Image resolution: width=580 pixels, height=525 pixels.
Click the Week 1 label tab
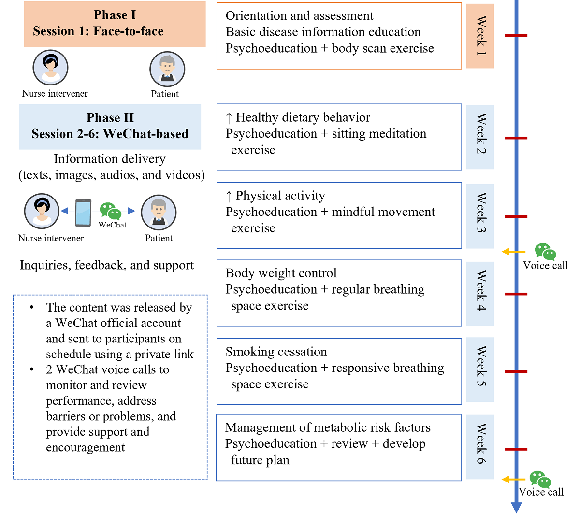point(480,36)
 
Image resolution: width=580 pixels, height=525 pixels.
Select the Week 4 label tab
point(480,294)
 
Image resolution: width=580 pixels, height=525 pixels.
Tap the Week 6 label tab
point(480,447)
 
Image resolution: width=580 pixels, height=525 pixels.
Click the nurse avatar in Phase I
point(50,68)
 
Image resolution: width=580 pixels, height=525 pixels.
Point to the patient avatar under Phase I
point(167,69)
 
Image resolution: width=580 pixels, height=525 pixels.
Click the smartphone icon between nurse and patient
point(83,213)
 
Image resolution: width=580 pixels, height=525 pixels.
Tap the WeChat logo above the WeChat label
point(111,211)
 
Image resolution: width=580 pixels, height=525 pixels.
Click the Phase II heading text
point(110,118)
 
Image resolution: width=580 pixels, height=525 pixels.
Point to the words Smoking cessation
point(276,352)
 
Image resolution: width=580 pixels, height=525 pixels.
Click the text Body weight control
point(281,273)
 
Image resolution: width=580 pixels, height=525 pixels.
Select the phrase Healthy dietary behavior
point(303,118)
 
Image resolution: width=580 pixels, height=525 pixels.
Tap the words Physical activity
point(280,196)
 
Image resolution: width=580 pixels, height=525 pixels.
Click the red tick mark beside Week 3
point(516,216)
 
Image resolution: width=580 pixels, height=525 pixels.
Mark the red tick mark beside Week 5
point(516,371)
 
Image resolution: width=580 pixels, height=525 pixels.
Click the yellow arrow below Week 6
point(513,480)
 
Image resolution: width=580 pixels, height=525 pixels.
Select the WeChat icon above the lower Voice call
point(540,480)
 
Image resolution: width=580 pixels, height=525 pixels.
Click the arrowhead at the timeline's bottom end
point(516,508)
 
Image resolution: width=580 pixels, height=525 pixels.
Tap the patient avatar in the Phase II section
point(159,213)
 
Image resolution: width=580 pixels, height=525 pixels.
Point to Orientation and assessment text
point(299,16)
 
